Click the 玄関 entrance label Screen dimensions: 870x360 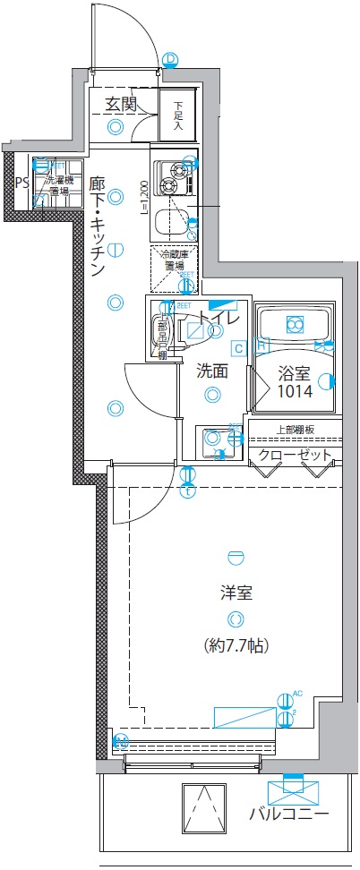coord(121,104)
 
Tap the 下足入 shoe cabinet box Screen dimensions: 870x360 coord(178,115)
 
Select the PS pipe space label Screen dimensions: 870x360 coord(21,183)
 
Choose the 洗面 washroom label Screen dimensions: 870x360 coord(212,370)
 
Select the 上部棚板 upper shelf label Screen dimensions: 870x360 coord(295,429)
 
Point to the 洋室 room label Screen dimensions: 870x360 coord(236,592)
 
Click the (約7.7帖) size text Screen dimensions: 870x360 coord(236,644)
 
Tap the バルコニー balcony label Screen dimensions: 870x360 coord(289,815)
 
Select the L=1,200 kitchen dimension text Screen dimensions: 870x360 coord(143,199)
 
